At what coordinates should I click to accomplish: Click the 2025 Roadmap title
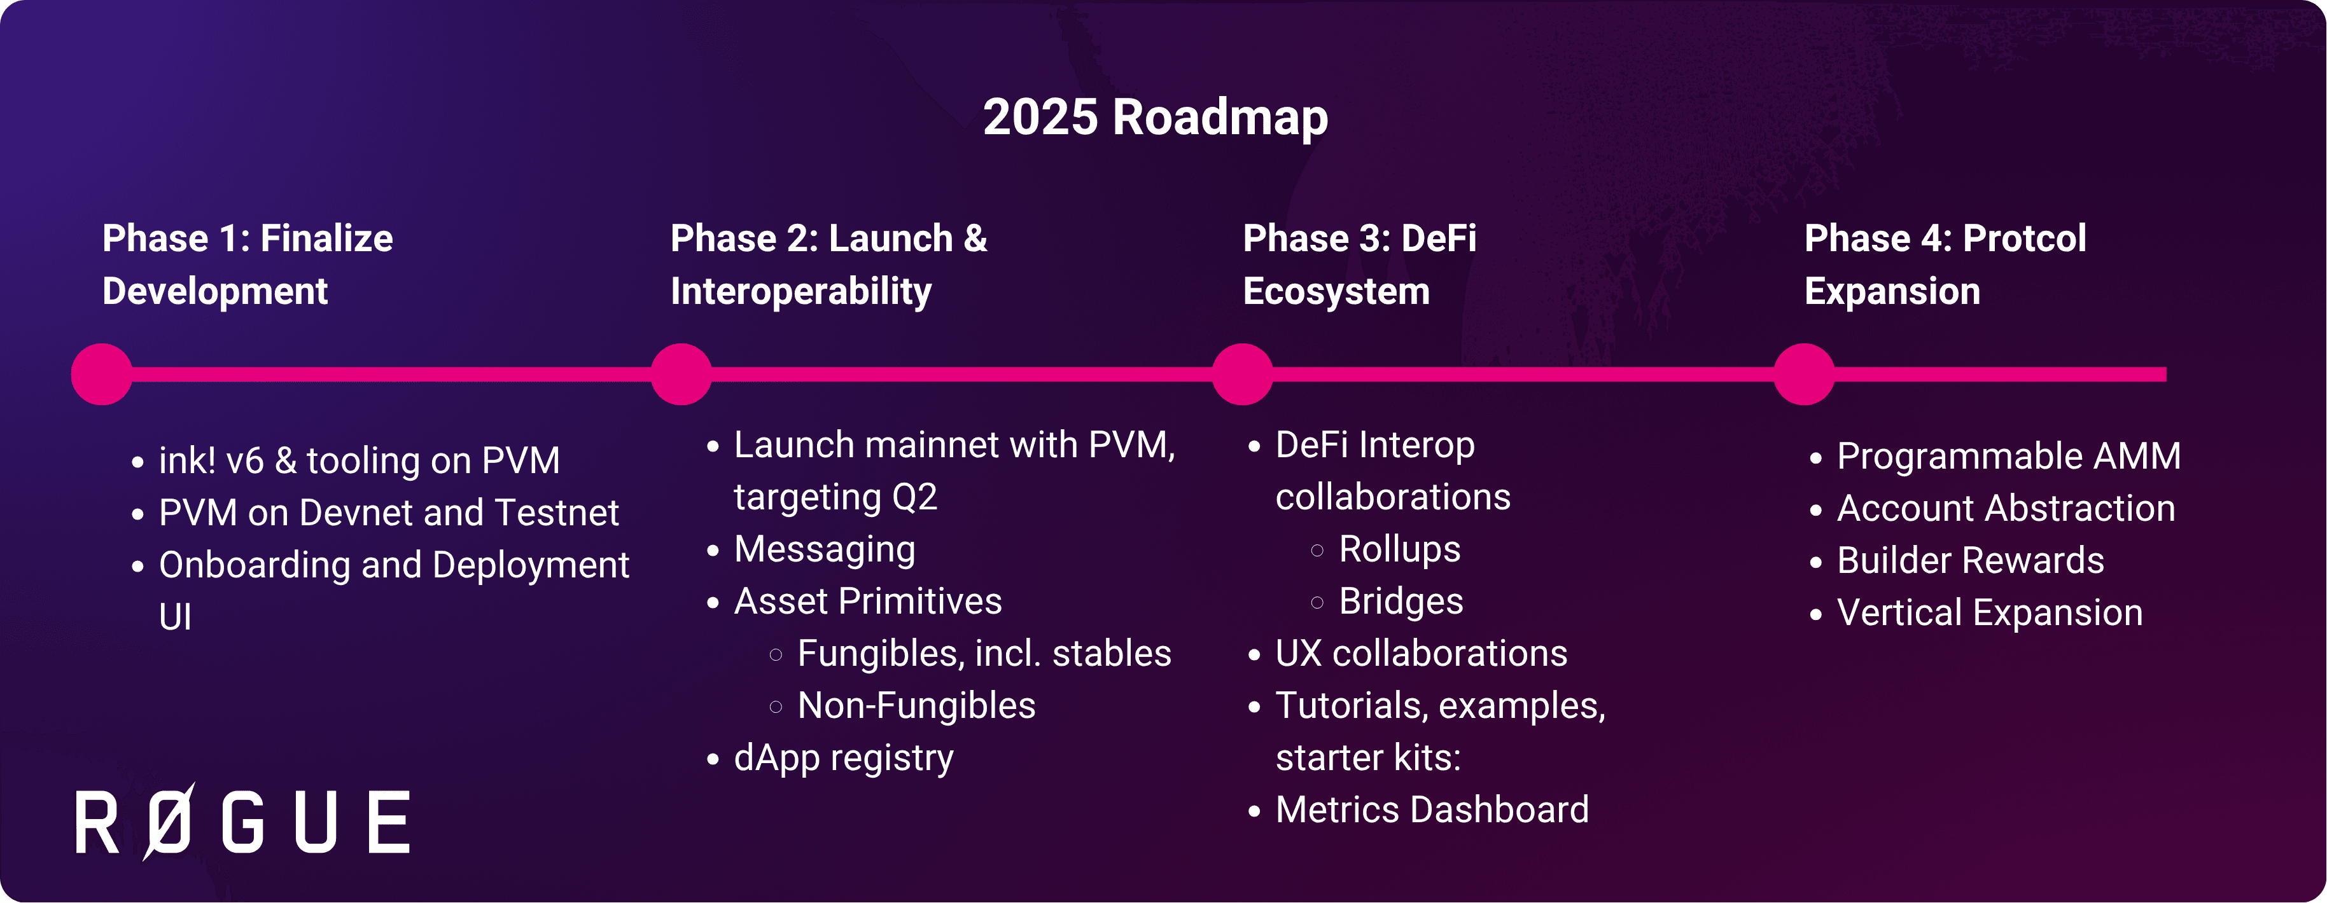tap(1156, 118)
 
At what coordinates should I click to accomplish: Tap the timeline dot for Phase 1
tap(102, 374)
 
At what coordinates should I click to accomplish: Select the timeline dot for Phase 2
tap(681, 374)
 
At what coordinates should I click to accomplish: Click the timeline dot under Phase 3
tap(1243, 374)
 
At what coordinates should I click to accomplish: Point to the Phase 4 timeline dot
tap(1804, 374)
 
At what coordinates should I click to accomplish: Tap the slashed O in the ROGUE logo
tap(169, 821)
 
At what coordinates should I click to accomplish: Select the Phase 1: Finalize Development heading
tap(248, 265)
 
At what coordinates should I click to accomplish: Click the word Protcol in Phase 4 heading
tap(2024, 238)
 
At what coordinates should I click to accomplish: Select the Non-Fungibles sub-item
tap(916, 705)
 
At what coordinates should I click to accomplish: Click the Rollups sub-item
tap(1399, 549)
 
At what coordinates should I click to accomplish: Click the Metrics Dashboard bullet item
tap(1432, 810)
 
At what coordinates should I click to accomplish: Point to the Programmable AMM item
tap(2009, 456)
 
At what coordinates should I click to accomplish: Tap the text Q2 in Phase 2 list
tap(914, 497)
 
